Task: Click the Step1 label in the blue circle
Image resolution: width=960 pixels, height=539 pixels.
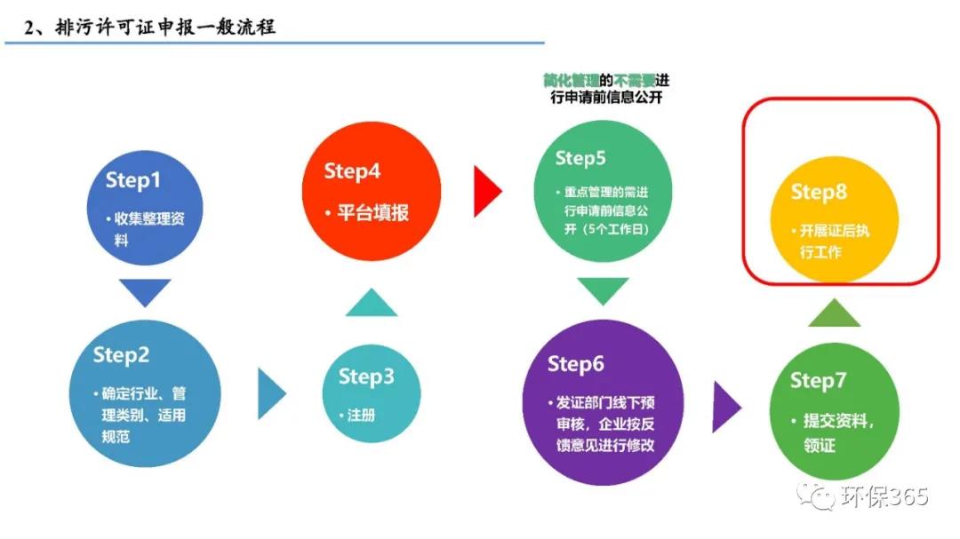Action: [133, 180]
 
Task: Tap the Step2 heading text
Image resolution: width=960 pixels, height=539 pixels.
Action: [121, 356]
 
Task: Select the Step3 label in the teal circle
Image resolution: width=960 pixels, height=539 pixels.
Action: [365, 377]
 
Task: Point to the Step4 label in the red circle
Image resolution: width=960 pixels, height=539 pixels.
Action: [352, 170]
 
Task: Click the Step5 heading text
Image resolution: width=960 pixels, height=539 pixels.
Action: [580, 158]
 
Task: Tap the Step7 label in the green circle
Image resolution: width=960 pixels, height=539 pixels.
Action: [819, 381]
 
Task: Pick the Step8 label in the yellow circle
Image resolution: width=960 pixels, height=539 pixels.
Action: [819, 192]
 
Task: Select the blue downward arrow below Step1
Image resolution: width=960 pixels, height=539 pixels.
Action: [144, 291]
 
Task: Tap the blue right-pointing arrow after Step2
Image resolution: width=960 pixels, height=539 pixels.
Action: [271, 392]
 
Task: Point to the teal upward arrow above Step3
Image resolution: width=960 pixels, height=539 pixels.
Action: [371, 304]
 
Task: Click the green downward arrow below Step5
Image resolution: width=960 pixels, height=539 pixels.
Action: [603, 290]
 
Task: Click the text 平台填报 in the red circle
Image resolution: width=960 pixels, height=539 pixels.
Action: [372, 213]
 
